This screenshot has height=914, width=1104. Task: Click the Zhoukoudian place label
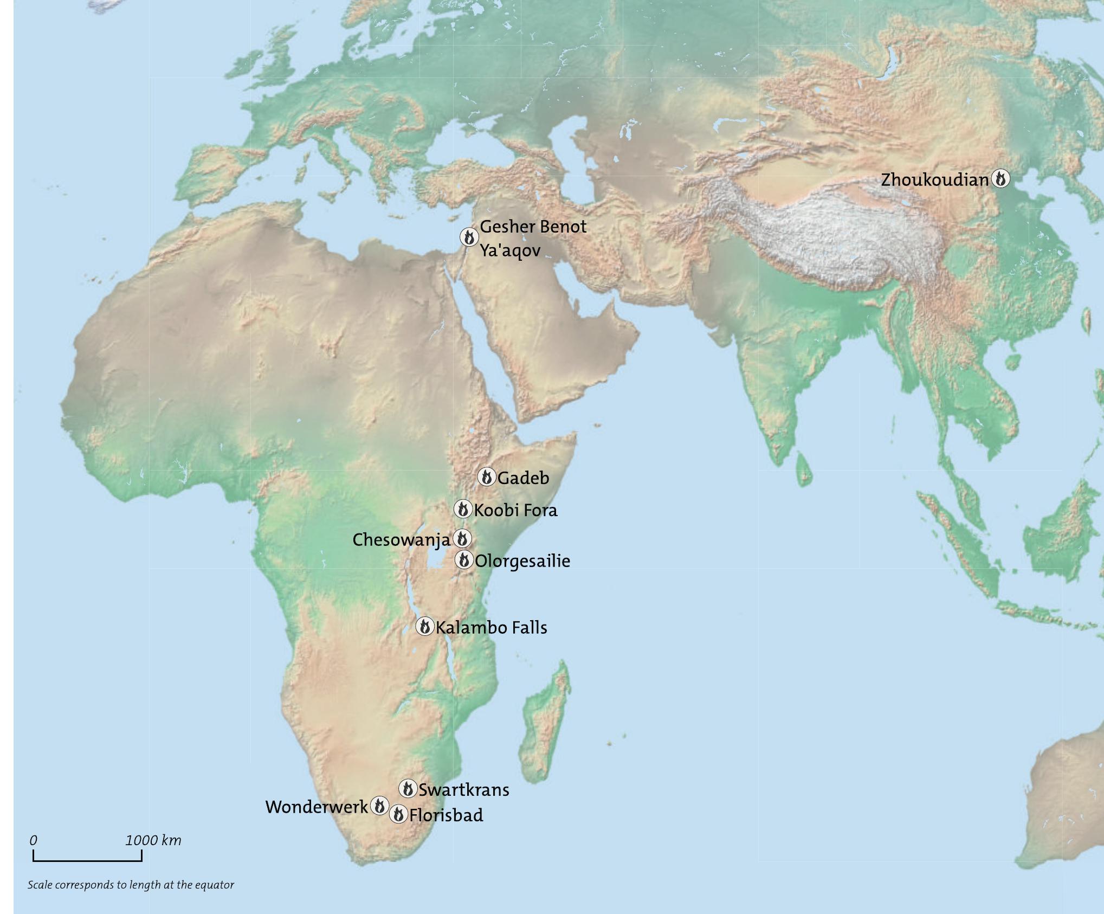click(x=934, y=179)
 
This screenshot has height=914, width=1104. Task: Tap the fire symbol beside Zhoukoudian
click(x=1000, y=178)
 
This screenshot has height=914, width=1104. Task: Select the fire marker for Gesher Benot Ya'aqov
click(x=469, y=237)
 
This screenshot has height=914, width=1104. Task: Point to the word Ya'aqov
click(x=510, y=251)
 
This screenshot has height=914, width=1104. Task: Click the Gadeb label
click(x=523, y=478)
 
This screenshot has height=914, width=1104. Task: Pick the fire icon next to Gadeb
click(x=487, y=477)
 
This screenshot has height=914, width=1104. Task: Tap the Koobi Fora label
click(x=515, y=510)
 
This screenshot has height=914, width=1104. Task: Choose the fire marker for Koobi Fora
click(x=463, y=509)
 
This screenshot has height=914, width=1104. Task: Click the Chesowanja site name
click(x=401, y=540)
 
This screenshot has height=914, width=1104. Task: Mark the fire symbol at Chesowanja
click(x=462, y=539)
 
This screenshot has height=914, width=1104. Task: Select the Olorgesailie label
click(x=522, y=561)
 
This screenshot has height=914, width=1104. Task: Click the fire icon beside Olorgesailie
click(x=464, y=560)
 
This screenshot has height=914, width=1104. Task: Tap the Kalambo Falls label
click(x=492, y=628)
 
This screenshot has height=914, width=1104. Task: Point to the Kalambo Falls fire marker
click(x=425, y=627)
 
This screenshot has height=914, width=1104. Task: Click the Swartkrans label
click(x=464, y=790)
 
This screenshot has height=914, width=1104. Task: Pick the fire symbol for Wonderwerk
click(x=379, y=806)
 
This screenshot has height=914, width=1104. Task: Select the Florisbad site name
click(x=446, y=815)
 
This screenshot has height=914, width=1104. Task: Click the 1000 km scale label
click(x=153, y=841)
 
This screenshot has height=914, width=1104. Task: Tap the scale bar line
click(x=87, y=860)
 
